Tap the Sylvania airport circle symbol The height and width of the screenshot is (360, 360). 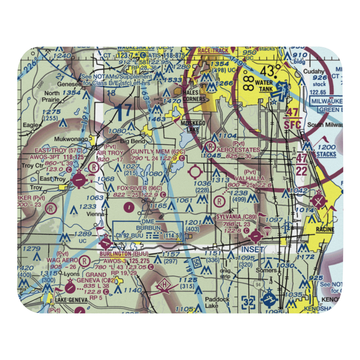click(x=255, y=237)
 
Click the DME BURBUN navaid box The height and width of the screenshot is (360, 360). click(x=148, y=231)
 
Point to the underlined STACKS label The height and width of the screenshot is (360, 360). click(x=327, y=154)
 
